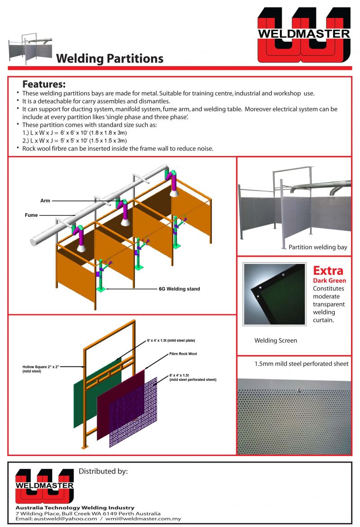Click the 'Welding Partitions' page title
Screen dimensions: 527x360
point(109,58)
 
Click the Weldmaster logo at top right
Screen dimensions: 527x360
point(304,35)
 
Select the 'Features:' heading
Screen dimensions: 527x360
point(44,85)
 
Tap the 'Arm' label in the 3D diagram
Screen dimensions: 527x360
point(45,201)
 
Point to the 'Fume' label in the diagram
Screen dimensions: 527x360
point(31,215)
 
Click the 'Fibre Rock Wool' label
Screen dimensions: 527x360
point(183,354)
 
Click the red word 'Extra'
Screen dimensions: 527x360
point(328,271)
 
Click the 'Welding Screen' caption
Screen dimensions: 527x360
point(275,340)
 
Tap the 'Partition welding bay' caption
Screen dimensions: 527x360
point(318,247)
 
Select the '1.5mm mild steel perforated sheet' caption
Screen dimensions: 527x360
point(295,364)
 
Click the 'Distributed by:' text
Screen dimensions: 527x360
point(103,471)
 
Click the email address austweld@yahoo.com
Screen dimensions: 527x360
point(56,518)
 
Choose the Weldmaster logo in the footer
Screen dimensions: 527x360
point(44,486)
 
